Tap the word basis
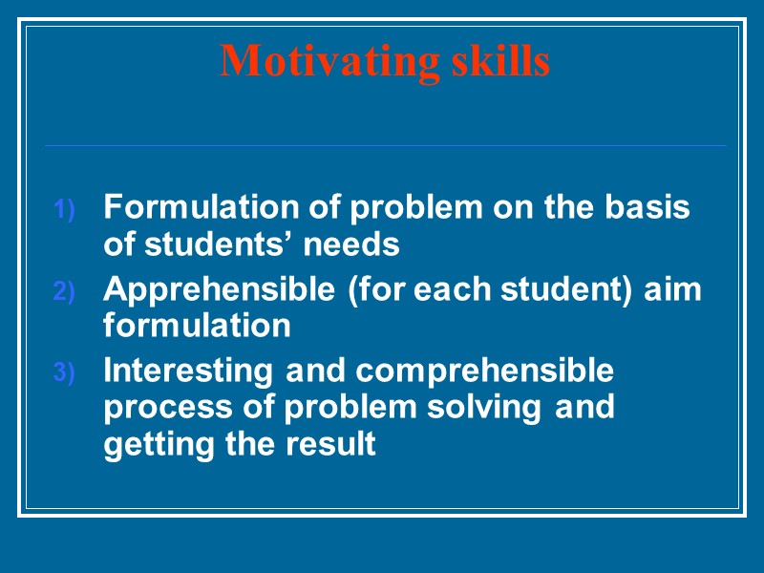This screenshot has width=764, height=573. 645,207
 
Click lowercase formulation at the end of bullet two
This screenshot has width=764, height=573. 197,327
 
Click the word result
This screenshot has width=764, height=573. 336,445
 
